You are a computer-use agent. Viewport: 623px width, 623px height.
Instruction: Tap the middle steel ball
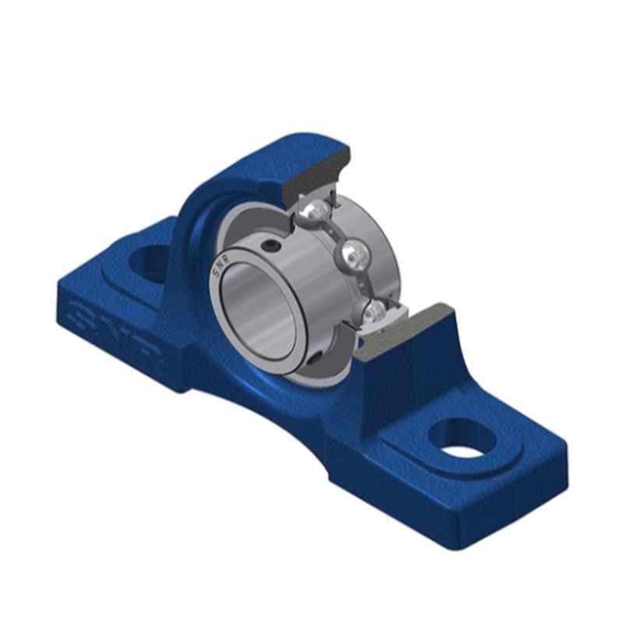click(355, 254)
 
